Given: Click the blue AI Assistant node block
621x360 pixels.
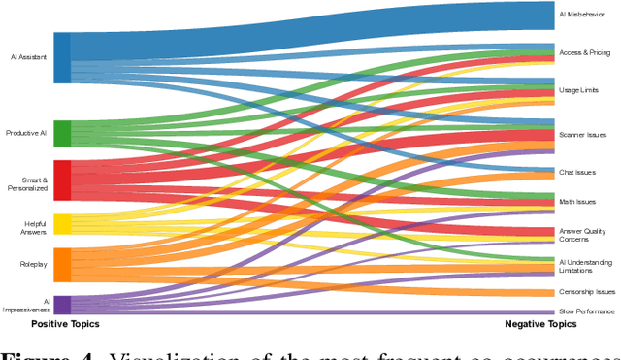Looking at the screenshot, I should pos(62,57).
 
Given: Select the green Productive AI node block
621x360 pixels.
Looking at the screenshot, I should pos(62,133).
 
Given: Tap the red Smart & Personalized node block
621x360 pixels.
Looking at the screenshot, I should pos(62,180).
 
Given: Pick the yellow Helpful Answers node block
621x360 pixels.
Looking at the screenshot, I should pos(62,224).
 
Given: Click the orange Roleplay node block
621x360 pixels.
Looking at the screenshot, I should pos(62,264).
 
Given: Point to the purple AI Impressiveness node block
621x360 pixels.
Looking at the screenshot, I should pos(62,305).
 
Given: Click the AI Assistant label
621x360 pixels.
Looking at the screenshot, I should pos(27,57).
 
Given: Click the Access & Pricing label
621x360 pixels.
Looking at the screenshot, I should pos(585,51).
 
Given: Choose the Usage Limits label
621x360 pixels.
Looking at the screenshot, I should pos(579,89).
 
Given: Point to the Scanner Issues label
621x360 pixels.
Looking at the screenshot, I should pos(582,135).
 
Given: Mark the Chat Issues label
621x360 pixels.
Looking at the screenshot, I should pos(577,171).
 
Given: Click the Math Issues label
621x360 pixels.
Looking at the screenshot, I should pos(578,201).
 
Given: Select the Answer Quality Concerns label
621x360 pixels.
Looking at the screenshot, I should pos(582,235).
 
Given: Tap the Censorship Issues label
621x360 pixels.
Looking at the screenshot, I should pos(586,291).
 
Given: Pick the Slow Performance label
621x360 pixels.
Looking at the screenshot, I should pos(586,311).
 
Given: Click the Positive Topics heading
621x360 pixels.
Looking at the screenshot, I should pos(65,323).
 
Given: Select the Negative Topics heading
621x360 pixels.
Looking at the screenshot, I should pos(541,324).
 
